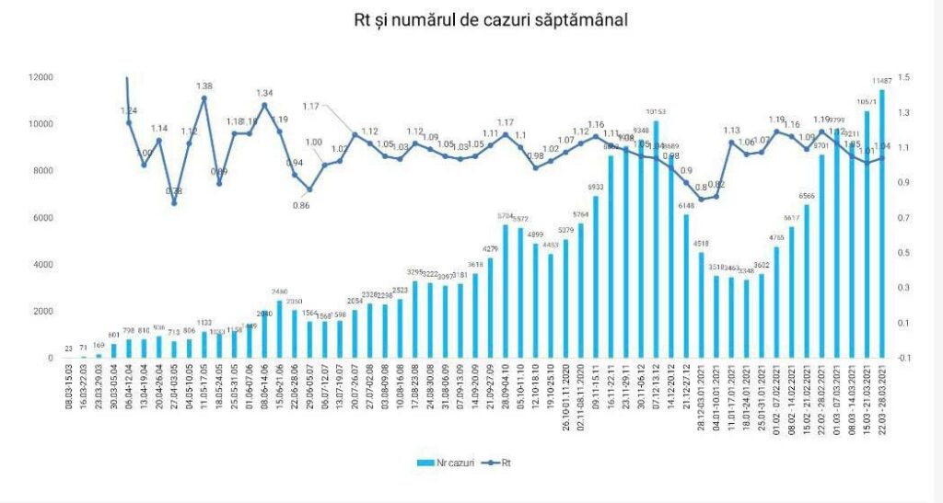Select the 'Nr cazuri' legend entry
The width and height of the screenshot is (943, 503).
(x=447, y=463)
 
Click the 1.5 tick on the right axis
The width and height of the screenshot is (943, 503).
(x=906, y=77)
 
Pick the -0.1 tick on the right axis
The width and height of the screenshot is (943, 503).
(x=906, y=358)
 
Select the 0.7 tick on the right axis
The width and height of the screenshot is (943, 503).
(x=906, y=218)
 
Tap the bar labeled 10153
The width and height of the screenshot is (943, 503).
(x=656, y=239)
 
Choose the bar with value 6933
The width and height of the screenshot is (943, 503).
(x=596, y=277)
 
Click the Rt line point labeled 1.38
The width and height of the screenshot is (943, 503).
(x=204, y=98)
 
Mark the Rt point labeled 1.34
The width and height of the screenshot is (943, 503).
(x=264, y=105)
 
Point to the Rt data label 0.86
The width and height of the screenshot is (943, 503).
(x=301, y=204)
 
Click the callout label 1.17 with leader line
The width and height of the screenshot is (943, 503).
(x=310, y=107)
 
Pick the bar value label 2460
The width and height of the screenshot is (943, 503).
(x=280, y=292)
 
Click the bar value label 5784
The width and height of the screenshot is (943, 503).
(x=506, y=215)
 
